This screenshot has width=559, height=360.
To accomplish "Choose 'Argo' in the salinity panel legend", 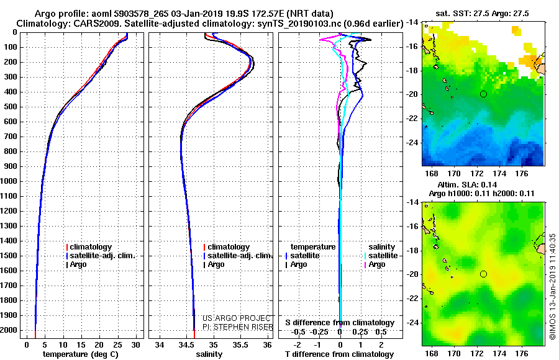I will pyautogui.click(x=216, y=264).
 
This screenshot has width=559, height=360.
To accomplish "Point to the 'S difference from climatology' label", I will pyautogui.click(x=340, y=323).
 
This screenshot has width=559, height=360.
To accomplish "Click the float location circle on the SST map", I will pyautogui.click(x=483, y=94).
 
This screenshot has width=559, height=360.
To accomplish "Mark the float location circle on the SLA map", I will pyautogui.click(x=483, y=274).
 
